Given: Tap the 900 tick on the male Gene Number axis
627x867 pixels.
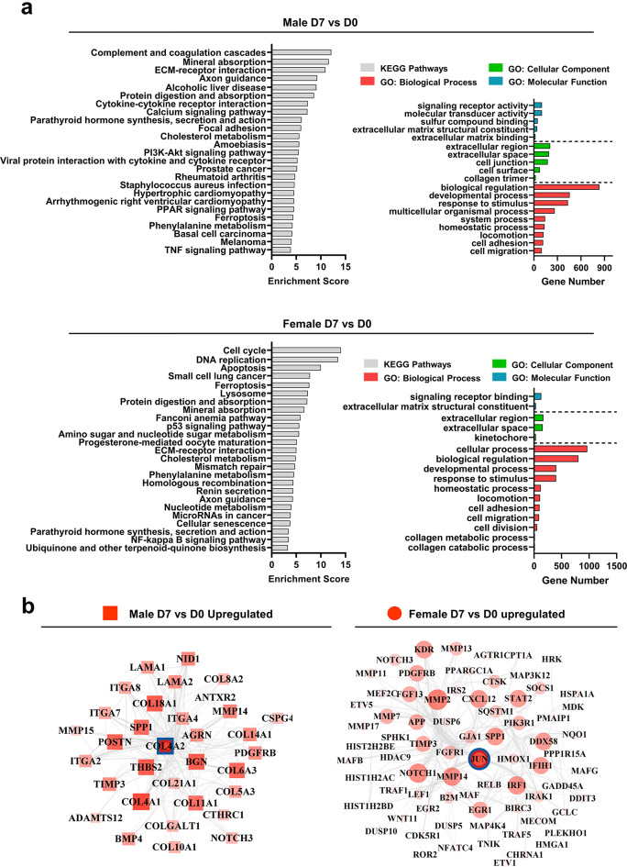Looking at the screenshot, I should tap(604, 267).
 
